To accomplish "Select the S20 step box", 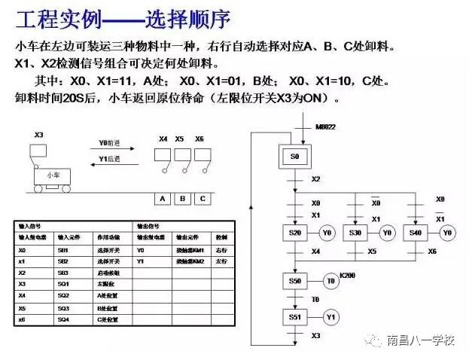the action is [295, 233].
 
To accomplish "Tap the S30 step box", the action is [355, 233].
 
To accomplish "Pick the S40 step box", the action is [416, 233].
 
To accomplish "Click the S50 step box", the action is [295, 281].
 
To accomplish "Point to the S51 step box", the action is [295, 316].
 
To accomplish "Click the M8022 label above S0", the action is [325, 127].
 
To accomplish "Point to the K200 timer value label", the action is [347, 276].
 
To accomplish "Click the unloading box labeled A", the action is [161, 199].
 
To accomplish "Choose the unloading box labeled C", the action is [202, 199].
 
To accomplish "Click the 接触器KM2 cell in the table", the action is [190, 261].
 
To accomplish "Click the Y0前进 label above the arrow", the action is [109, 143].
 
